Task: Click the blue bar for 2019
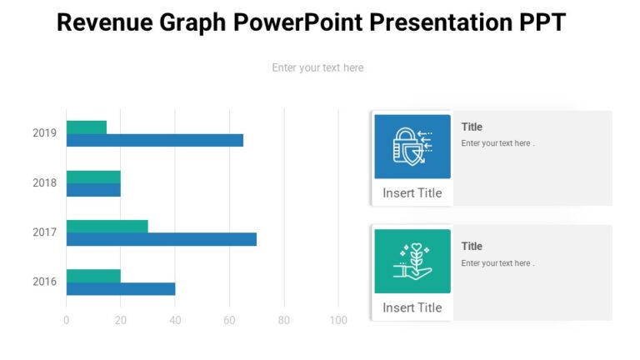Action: [x=155, y=140]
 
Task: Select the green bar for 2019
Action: [x=87, y=127]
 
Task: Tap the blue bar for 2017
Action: [x=162, y=239]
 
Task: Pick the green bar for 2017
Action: [x=107, y=227]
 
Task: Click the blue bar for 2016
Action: [x=121, y=289]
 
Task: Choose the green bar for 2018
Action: [x=93, y=177]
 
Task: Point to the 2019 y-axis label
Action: [x=45, y=133]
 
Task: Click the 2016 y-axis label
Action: [x=45, y=282]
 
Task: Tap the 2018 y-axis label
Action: [x=45, y=182]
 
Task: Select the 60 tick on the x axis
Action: [x=229, y=320]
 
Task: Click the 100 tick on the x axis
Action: [x=338, y=320]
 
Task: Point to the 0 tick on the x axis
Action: [x=67, y=320]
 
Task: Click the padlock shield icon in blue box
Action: [x=412, y=147]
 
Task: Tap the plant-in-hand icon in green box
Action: [x=412, y=261]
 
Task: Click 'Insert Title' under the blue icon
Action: [x=412, y=193]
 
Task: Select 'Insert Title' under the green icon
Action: [x=412, y=307]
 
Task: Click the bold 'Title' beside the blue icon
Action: [x=472, y=127]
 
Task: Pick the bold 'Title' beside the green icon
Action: [x=472, y=246]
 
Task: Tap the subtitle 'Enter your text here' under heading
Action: [x=317, y=67]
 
